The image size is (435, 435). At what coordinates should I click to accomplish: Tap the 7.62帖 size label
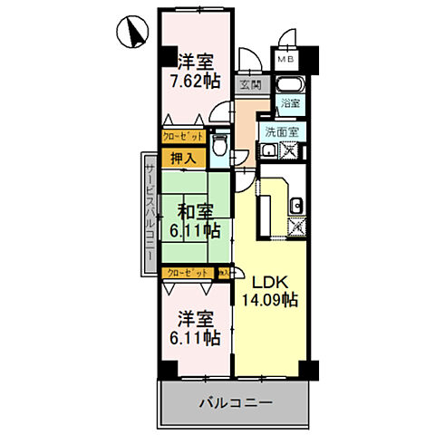click(x=195, y=81)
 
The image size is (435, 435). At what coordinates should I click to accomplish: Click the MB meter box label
click(x=286, y=61)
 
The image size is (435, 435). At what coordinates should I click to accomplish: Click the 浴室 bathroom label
click(x=291, y=104)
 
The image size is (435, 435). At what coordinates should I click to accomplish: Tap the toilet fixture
click(x=218, y=146)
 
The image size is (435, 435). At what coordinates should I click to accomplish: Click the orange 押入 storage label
click(x=183, y=159)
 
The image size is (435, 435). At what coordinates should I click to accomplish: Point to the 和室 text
click(x=195, y=212)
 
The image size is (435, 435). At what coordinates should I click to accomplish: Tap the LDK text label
click(x=269, y=282)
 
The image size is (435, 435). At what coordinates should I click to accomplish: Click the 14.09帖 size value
click(x=270, y=299)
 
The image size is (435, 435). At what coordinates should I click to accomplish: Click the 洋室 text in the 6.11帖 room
click(x=195, y=319)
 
